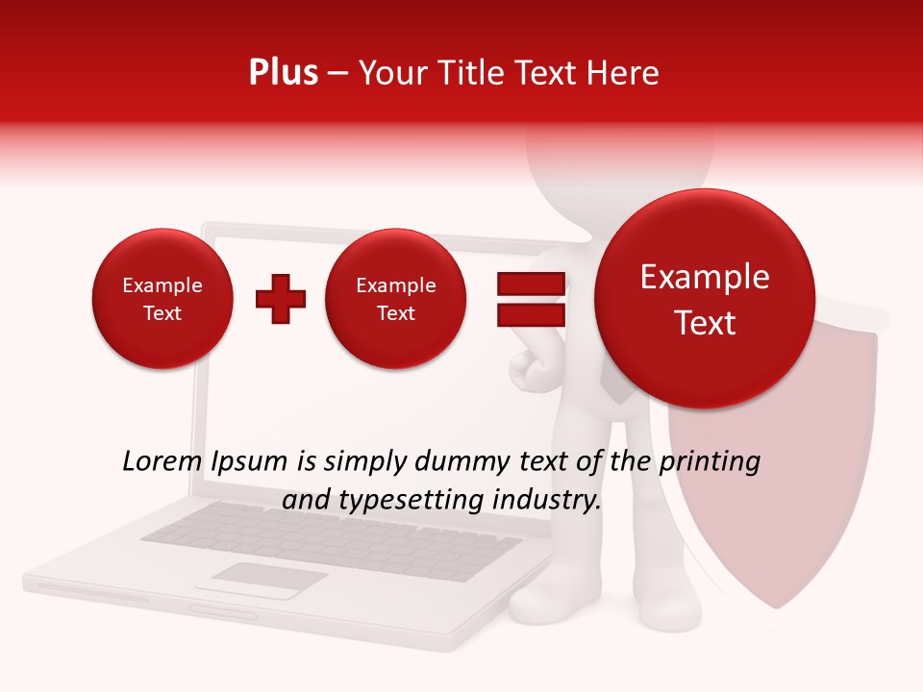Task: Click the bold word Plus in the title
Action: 283,73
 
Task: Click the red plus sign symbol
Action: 281,299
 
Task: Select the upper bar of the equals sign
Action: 530,284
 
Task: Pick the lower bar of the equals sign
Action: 530,315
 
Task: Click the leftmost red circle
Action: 162,299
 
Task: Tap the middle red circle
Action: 395,299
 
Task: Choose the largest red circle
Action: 705,299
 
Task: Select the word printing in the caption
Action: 709,462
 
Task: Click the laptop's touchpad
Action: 268,580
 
